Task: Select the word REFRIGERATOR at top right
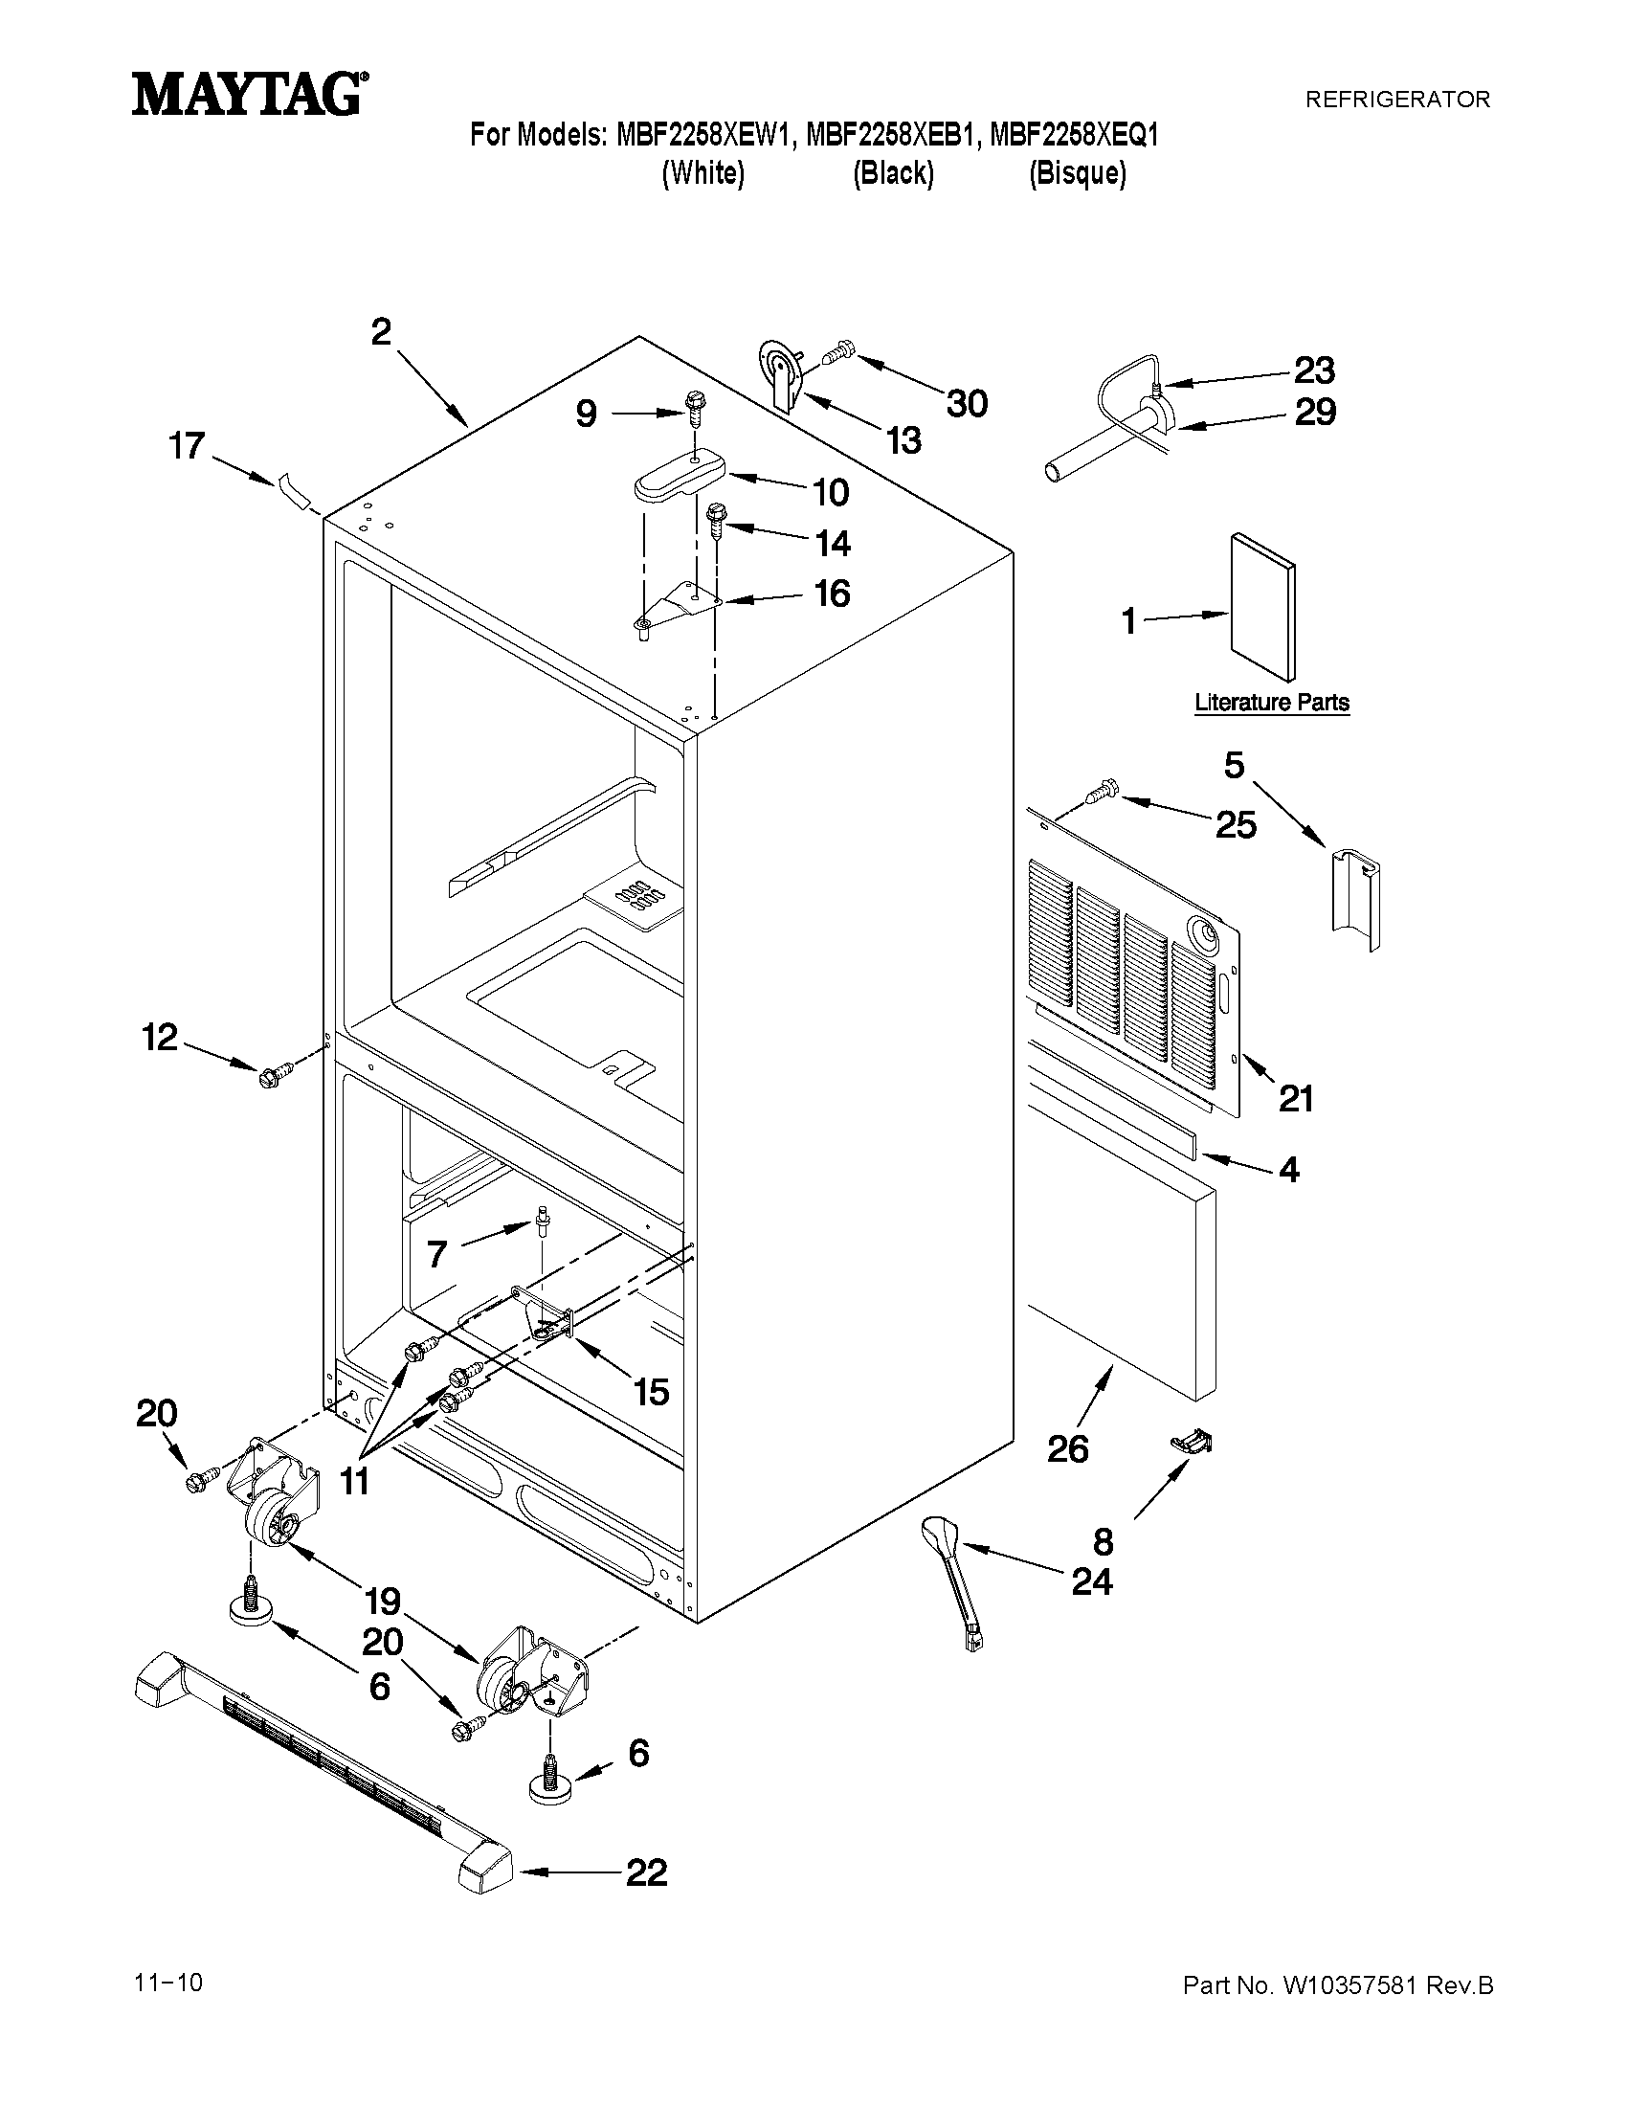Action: click(x=1396, y=99)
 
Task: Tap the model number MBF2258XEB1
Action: click(x=890, y=135)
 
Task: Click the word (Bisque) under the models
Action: click(x=1077, y=173)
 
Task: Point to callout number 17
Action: click(x=187, y=446)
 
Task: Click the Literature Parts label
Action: click(x=1271, y=703)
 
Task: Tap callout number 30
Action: click(x=967, y=403)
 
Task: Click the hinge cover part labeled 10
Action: click(x=680, y=474)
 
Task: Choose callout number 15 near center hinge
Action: click(x=651, y=1392)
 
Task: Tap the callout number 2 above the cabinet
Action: click(x=382, y=332)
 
